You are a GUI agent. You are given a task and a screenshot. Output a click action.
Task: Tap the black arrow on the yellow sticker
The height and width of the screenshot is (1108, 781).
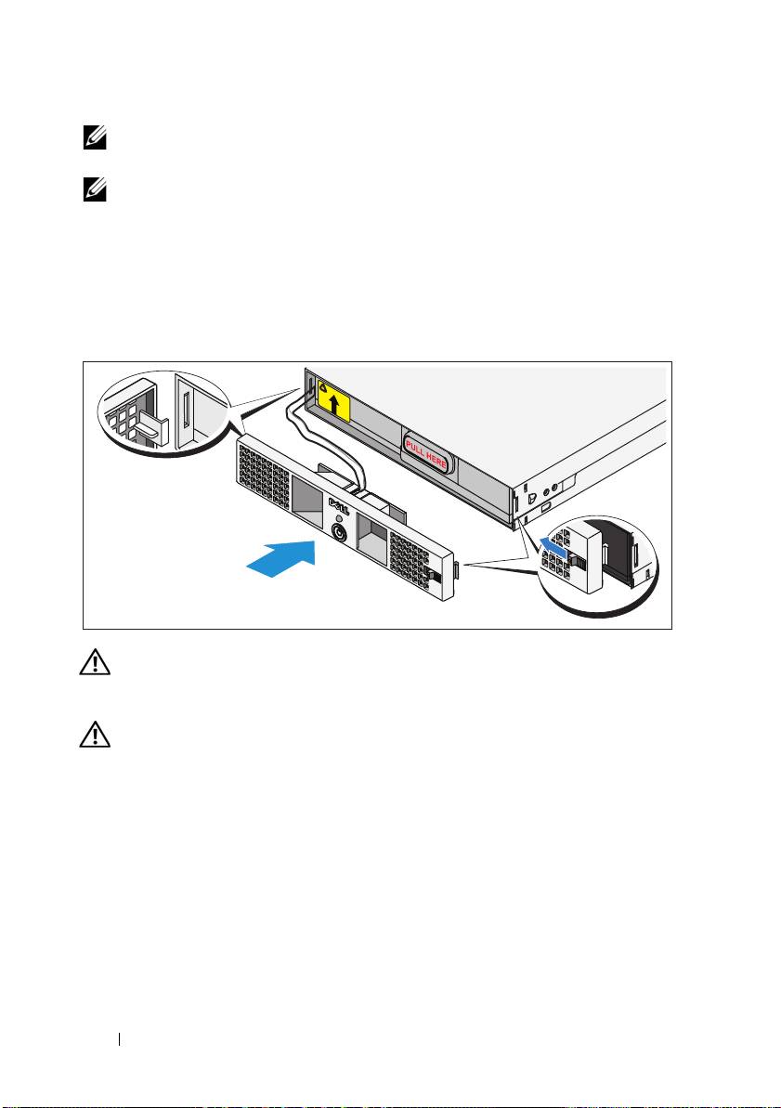[333, 407]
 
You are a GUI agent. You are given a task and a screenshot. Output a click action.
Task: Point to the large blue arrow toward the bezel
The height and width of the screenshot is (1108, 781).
[280, 558]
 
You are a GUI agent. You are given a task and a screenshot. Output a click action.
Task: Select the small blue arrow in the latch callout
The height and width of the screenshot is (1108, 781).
[553, 545]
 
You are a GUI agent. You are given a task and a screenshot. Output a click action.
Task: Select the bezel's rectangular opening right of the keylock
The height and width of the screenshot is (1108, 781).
[371, 531]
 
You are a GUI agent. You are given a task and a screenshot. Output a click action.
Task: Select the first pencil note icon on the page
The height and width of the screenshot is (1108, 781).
[95, 138]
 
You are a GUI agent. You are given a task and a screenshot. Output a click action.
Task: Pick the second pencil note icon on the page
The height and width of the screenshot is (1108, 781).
[95, 190]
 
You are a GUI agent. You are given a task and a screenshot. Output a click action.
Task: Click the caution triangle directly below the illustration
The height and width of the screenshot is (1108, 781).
[95, 662]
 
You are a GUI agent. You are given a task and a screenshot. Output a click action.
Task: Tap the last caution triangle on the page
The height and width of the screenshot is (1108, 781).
[95, 735]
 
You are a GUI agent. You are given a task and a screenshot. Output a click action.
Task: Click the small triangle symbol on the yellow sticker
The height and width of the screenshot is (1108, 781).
[323, 387]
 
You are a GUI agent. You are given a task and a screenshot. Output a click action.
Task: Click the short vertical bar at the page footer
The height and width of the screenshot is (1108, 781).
[120, 1039]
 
